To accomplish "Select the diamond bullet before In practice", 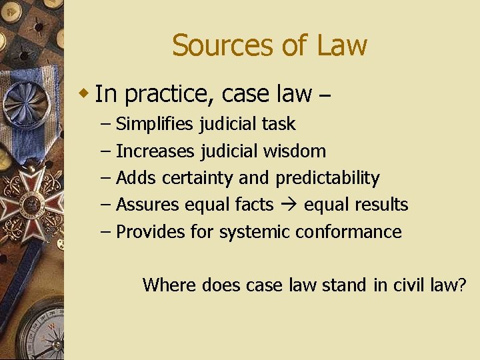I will coord(85,91).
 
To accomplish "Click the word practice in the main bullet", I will coord(167,95).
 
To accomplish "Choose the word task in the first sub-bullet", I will coord(279,124).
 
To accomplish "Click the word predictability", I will coord(327,179).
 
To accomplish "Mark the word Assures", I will coord(148,205).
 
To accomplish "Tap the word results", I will coord(381,205).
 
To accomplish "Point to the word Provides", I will coord(149,232).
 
